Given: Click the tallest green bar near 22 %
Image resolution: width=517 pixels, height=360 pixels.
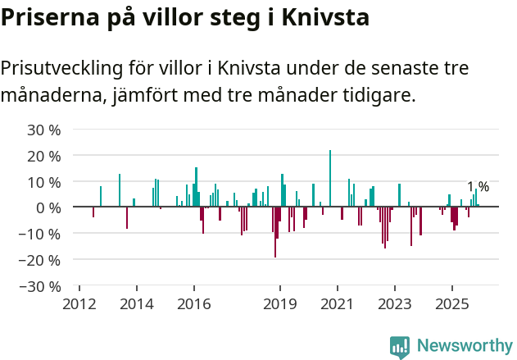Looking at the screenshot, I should click(330, 179).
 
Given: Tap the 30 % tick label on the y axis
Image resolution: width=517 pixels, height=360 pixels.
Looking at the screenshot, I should click(45, 130).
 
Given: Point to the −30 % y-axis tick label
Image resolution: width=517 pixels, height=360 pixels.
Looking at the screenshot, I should click(41, 286).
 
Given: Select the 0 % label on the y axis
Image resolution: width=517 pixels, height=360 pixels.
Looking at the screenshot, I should click(48, 207).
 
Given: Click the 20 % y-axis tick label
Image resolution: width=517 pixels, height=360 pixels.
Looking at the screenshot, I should click(45, 156).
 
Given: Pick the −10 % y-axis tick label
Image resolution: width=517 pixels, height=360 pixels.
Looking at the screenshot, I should click(41, 234).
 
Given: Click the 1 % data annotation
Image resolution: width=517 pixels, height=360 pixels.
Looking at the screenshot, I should click(478, 187).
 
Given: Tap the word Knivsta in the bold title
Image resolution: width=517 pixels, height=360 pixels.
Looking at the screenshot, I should click(325, 16).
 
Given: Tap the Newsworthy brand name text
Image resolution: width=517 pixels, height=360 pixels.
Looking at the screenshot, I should click(464, 346).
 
